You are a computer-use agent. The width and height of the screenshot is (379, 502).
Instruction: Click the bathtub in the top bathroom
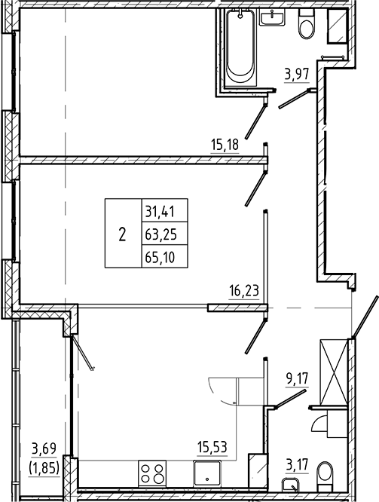click(242, 48)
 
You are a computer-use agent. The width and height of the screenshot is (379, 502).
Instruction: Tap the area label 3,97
click(296, 74)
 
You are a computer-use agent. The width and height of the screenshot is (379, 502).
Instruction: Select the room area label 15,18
click(225, 142)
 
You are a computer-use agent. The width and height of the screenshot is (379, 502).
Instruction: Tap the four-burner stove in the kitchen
click(153, 476)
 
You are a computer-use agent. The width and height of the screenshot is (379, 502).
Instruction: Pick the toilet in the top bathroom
click(306, 26)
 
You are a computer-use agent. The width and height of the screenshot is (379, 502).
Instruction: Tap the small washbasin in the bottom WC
click(290, 485)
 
